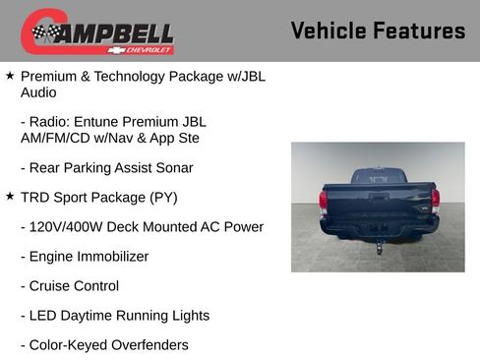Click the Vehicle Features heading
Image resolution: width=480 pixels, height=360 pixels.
click(378, 31)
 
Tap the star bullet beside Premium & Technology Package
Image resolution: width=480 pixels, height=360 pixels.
click(10, 75)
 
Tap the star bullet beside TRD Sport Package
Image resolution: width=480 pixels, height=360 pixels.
click(10, 197)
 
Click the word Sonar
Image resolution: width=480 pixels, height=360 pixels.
click(173, 167)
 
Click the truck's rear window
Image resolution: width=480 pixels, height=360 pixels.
click(379, 177)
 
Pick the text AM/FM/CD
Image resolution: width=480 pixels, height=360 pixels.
click(57, 138)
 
